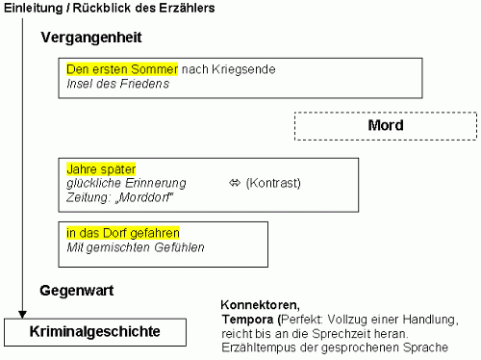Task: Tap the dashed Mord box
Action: pos(385,126)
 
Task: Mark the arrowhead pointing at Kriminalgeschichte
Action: pos(20,315)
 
